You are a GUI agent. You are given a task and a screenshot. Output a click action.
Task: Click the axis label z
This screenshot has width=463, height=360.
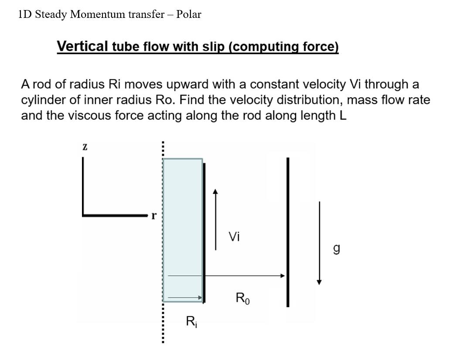pos(85,147)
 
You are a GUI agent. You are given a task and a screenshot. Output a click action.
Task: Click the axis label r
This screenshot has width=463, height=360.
pos(154,216)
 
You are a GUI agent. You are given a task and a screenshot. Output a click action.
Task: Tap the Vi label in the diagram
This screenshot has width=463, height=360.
pos(234,237)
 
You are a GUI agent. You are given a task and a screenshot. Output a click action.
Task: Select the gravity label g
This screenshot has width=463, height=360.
pos(336,249)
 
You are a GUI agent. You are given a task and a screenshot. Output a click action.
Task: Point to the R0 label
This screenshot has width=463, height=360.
pos(243,298)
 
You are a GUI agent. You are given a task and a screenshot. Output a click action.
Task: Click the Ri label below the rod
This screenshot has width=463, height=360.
pos(192,322)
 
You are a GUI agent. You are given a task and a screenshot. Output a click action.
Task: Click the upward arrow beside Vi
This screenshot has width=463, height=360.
pos(215,219)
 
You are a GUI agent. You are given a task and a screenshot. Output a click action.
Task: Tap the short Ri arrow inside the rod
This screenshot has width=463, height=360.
pos(185,298)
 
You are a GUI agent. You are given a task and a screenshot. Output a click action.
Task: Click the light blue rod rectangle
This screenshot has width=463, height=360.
pos(183,230)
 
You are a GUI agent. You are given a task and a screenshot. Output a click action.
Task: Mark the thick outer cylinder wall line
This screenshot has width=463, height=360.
pos(288,232)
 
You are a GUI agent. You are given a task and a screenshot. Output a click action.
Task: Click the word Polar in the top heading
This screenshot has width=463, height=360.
pos(189,14)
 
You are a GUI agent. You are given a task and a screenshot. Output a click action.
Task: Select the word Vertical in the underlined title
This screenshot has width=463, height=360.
pos(82,46)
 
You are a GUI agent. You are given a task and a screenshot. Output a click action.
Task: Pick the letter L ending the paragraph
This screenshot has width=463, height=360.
pos(343,116)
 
